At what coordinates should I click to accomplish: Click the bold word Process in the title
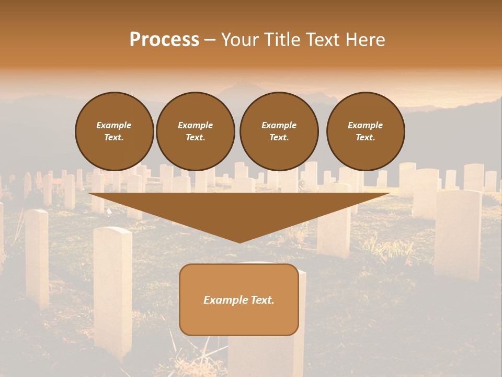164,40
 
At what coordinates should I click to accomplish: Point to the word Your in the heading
242,40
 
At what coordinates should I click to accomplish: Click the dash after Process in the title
210,40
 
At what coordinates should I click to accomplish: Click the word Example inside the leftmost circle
113,125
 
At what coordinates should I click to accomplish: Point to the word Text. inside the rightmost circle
365,137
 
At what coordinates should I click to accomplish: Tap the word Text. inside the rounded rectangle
262,300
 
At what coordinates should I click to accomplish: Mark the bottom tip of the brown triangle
239,242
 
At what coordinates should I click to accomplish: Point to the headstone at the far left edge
37,257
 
